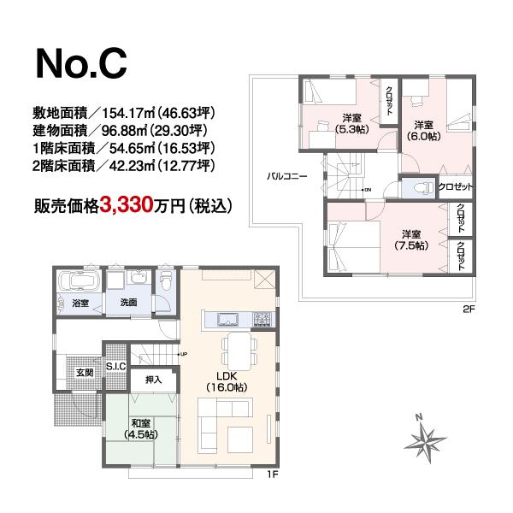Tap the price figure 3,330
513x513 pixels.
coord(127,205)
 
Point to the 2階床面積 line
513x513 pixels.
coord(123,166)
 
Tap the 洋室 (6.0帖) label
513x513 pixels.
coord(423,129)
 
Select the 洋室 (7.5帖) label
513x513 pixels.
coord(411,240)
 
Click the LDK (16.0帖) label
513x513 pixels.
coord(226,380)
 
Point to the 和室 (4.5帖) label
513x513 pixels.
coord(142,428)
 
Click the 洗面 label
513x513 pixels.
coord(128,303)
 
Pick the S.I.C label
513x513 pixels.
coord(115,367)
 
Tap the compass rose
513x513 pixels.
coord(425,440)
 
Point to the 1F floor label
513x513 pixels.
coord(272,475)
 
